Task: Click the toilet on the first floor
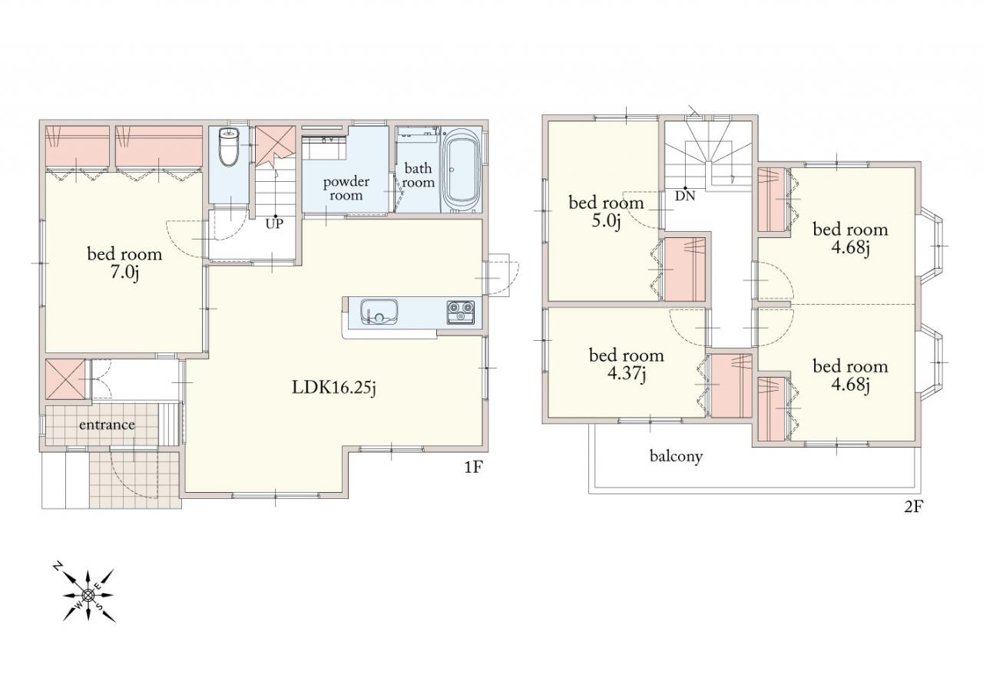click(x=229, y=147)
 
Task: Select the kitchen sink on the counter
click(x=379, y=312)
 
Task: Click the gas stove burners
click(x=460, y=312)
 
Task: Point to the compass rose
click(x=88, y=595)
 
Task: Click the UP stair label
click(x=274, y=223)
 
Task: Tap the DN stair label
click(x=684, y=196)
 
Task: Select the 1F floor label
click(x=474, y=468)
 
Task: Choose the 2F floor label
click(x=915, y=507)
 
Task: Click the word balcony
click(x=676, y=457)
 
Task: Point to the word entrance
click(x=107, y=425)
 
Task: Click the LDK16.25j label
click(x=334, y=388)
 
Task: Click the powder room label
click(x=346, y=188)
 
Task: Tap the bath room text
click(x=419, y=175)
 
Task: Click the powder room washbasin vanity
click(x=324, y=147)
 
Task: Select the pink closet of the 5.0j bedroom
click(x=685, y=269)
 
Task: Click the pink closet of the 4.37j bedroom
click(x=731, y=386)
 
